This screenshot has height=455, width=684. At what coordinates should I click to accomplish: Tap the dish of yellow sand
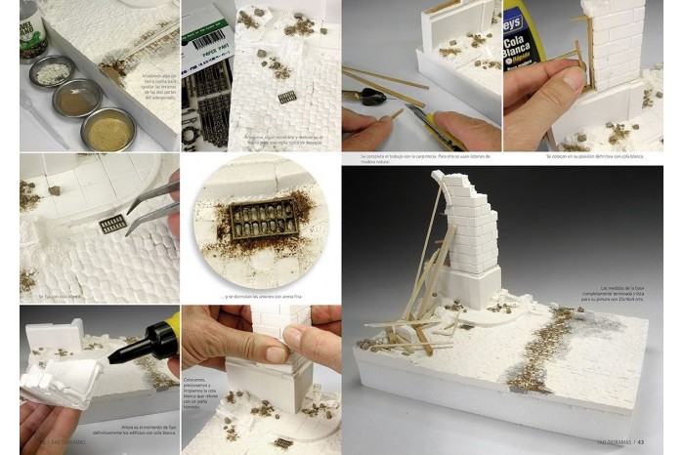(108, 128)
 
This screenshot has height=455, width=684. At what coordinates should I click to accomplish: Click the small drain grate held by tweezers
(112, 224)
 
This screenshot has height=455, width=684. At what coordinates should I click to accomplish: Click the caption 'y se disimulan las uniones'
(259, 297)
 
